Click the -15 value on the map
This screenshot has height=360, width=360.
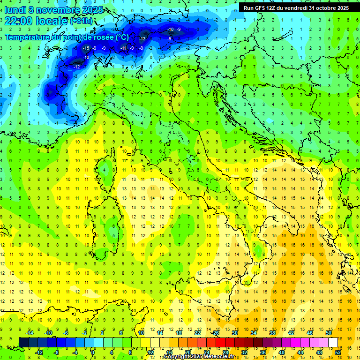86,48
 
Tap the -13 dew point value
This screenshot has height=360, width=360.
142,38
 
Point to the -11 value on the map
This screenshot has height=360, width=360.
124,48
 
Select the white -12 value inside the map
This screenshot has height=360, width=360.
76,67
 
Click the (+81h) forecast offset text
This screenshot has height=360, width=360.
81,22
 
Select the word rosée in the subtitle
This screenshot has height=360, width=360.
101,37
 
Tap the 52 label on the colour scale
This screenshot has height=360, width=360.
338,352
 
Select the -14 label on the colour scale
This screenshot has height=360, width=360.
30,333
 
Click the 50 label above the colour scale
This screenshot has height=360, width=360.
329,333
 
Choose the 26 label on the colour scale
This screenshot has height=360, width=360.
216,333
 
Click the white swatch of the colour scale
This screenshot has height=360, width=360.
333,342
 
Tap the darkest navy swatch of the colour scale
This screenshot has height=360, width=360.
23,342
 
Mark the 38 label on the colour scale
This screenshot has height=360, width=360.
272,333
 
